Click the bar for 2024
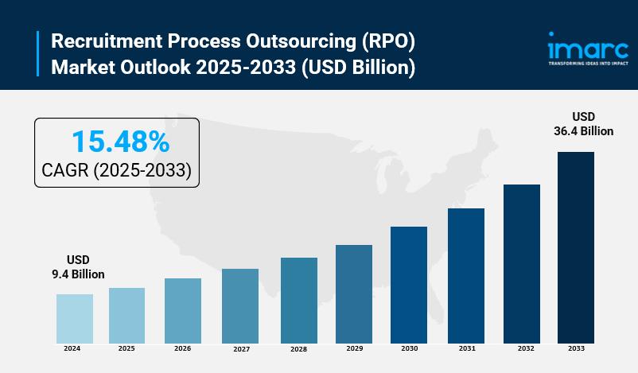(x=75, y=318)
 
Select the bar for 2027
(x=240, y=305)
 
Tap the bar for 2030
(x=409, y=285)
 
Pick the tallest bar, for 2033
(x=575, y=247)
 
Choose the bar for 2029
(x=354, y=293)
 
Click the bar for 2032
(x=522, y=263)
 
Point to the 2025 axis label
(x=126, y=348)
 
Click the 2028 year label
(x=298, y=349)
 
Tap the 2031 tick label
(x=467, y=348)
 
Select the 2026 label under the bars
(x=182, y=348)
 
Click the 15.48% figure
(x=120, y=142)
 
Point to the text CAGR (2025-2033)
(x=116, y=170)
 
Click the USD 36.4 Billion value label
(x=584, y=123)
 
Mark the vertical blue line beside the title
(x=37, y=54)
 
